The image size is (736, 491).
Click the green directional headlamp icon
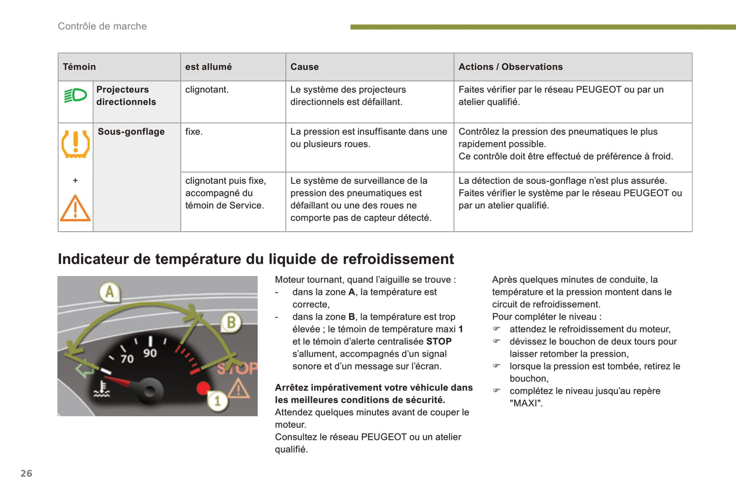75,95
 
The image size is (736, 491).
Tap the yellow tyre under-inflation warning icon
75,144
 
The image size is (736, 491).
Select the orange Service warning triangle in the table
75,208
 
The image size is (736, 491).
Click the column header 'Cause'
305,67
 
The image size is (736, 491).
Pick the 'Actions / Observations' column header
510,67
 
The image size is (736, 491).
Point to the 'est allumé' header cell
208,67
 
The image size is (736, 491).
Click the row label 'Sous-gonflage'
131,132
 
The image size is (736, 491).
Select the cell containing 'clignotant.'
207,90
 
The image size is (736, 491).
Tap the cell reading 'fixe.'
194,132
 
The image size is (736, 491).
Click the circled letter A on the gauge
109,292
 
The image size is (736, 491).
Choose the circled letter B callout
231,322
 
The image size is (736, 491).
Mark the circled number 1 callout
217,401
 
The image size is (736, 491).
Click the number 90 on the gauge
150,353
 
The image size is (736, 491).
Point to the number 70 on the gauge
127,359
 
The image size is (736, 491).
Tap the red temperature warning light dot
203,388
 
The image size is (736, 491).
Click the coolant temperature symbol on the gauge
102,389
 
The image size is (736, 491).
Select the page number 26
26,473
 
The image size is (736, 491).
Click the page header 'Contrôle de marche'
102,26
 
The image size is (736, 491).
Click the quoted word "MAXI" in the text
526,403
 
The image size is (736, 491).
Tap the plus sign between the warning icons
75,180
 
